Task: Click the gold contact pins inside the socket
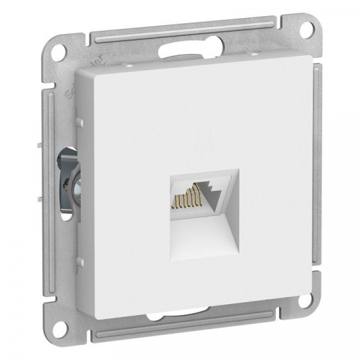[187, 196]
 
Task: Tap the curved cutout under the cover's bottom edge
[180, 313]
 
